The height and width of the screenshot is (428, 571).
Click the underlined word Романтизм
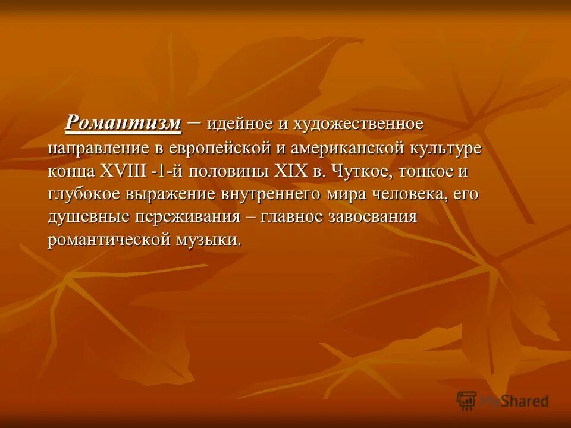[x=123, y=123]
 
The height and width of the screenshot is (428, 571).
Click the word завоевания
[x=372, y=217]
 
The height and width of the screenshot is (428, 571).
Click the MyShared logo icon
[x=467, y=400]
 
